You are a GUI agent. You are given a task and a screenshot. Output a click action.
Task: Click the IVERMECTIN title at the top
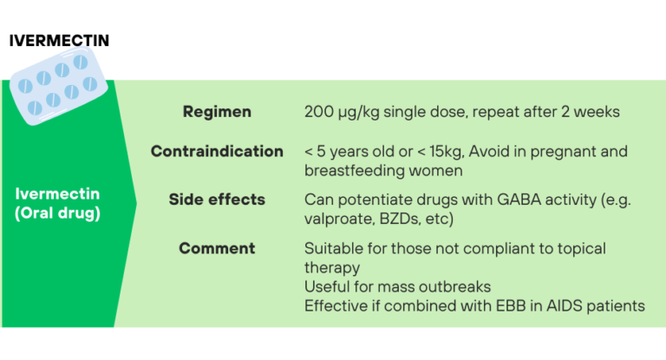pyautogui.click(x=59, y=41)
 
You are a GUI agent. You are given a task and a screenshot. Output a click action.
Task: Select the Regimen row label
pyautogui.click(x=217, y=112)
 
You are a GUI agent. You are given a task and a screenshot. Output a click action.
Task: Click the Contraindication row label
pyautogui.click(x=217, y=151)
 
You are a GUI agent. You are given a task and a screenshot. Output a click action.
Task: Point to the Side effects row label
pyautogui.click(x=217, y=200)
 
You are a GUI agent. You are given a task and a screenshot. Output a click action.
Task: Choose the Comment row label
pyautogui.click(x=217, y=249)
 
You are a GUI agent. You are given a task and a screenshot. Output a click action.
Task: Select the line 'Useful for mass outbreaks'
pyautogui.click(x=396, y=286)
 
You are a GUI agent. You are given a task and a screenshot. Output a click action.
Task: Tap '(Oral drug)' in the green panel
pyautogui.click(x=58, y=213)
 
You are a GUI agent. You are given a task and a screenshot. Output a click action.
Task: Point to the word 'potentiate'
pyautogui.click(x=378, y=200)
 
